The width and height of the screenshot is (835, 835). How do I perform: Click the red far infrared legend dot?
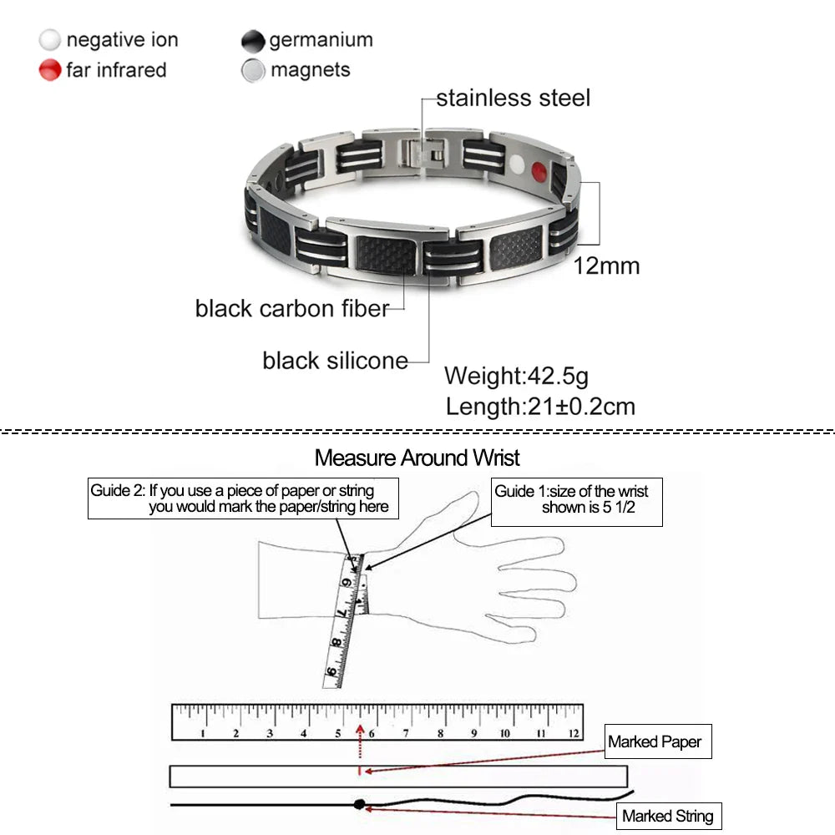pyautogui.click(x=50, y=70)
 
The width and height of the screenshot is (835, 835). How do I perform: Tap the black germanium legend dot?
pyautogui.click(x=253, y=40)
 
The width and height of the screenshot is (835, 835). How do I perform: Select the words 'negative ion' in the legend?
pyautogui.click(x=122, y=40)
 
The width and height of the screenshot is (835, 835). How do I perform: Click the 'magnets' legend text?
pyautogui.click(x=310, y=70)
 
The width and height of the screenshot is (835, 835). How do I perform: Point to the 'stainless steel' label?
pyautogui.click(x=513, y=98)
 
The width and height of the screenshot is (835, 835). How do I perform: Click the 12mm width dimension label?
pyautogui.click(x=606, y=266)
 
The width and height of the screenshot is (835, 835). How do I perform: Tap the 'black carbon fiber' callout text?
pyautogui.click(x=291, y=308)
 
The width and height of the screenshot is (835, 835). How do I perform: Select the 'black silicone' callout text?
pyautogui.click(x=335, y=361)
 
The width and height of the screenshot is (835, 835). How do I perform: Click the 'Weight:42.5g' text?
pyautogui.click(x=516, y=376)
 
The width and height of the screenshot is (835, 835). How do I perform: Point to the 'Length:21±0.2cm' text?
pyautogui.click(x=540, y=407)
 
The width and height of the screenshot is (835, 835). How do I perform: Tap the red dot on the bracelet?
pyautogui.click(x=539, y=173)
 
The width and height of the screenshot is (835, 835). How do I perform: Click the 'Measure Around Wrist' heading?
pyautogui.click(x=417, y=458)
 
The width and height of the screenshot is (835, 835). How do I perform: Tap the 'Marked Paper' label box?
pyautogui.click(x=658, y=741)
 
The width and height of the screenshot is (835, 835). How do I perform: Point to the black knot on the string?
pyautogui.click(x=359, y=805)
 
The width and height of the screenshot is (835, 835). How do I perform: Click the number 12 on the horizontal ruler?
pyautogui.click(x=573, y=733)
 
